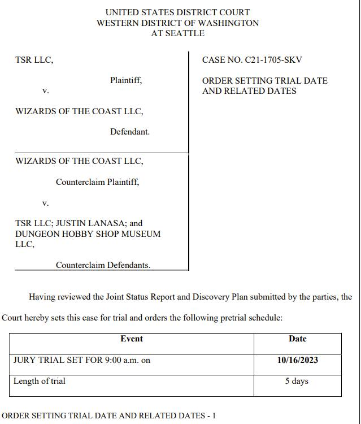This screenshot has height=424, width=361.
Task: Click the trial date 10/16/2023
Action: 297,360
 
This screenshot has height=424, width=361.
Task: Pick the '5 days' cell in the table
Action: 297,381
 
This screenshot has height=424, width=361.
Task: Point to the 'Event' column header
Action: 132,339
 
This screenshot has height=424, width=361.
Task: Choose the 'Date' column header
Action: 297,339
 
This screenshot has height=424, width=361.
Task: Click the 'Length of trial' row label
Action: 40,381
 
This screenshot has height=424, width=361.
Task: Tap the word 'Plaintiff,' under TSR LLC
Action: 126,80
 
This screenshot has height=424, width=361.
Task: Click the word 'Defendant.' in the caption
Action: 130,132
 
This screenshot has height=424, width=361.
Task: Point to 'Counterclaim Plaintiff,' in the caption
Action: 97,182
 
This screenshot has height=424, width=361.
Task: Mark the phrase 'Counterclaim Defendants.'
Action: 103,265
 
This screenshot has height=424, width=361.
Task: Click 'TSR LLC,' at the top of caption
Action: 34,60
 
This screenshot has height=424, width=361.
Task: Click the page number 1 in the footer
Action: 214,416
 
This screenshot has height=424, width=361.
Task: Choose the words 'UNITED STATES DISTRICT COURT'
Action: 177,12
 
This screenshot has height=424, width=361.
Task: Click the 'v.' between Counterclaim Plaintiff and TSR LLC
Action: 46,202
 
